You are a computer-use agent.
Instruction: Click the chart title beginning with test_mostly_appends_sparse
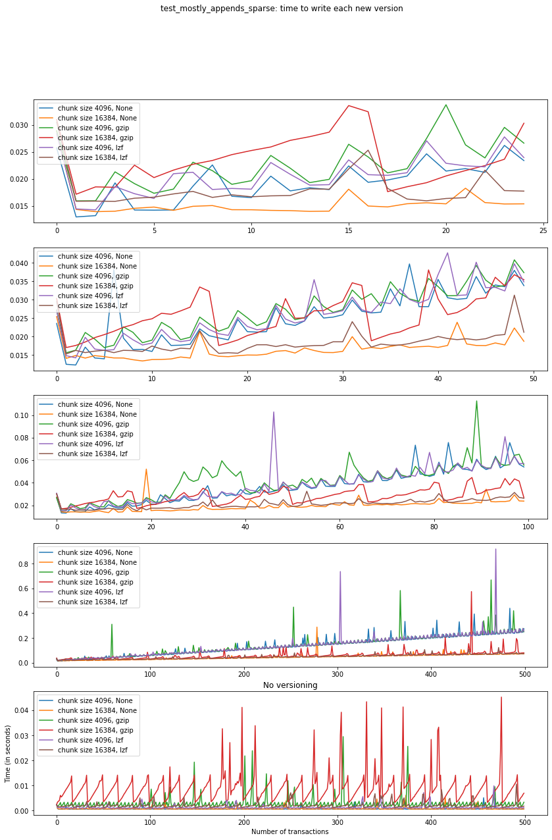(282, 9)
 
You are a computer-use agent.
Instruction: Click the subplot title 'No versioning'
(290, 685)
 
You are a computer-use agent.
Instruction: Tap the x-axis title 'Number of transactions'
(290, 831)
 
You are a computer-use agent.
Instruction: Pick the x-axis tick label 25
(543, 231)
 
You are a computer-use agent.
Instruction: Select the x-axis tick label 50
(533, 379)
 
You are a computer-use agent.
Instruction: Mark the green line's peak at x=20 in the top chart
(446, 105)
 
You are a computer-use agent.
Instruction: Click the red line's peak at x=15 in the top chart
(349, 105)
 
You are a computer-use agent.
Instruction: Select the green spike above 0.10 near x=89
(476, 401)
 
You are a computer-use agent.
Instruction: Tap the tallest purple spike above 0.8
(496, 549)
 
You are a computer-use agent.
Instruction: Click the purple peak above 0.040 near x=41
(447, 253)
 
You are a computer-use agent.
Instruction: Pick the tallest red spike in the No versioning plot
(501, 697)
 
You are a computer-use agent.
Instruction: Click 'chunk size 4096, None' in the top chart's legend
(96, 108)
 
